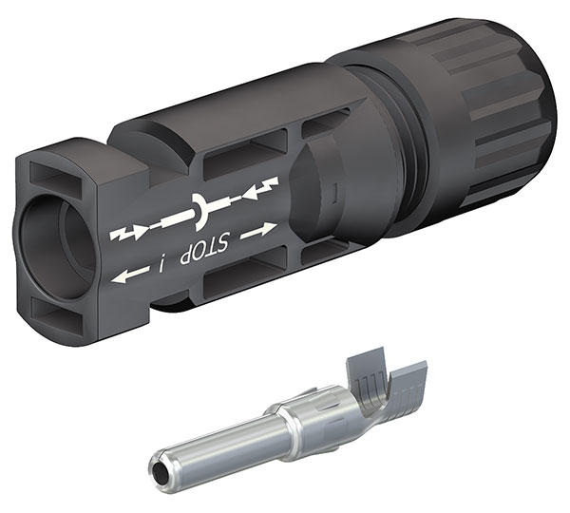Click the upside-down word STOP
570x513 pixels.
[x=206, y=248]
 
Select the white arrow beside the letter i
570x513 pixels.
[x=130, y=275]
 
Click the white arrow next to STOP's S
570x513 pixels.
[x=258, y=231]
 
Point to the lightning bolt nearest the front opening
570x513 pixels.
[x=124, y=233]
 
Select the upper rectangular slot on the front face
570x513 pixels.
[x=57, y=174]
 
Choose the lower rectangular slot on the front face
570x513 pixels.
[x=59, y=311]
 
